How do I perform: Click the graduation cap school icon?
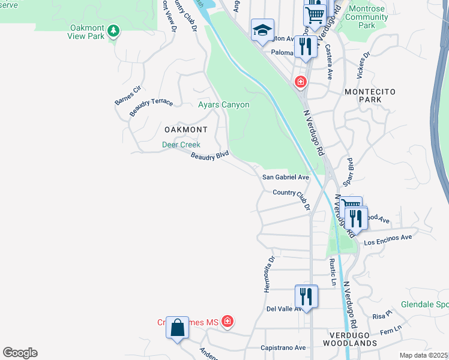(x=262, y=31)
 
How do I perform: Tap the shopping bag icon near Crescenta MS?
(x=177, y=328)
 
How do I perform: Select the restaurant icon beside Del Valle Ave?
(x=306, y=296)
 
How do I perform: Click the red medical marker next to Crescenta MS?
(x=227, y=322)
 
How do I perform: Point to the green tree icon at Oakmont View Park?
(x=114, y=31)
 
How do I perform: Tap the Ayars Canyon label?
(x=223, y=104)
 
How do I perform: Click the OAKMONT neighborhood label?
(x=185, y=130)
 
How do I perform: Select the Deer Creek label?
(x=181, y=145)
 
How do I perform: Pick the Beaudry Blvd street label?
(x=210, y=155)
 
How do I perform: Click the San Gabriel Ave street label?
(x=285, y=178)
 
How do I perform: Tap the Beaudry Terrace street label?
(x=151, y=107)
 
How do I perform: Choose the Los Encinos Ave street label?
(x=388, y=238)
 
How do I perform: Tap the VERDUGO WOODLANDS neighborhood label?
(x=352, y=338)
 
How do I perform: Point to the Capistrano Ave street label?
(x=283, y=348)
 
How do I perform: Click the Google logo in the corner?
(x=20, y=353)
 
